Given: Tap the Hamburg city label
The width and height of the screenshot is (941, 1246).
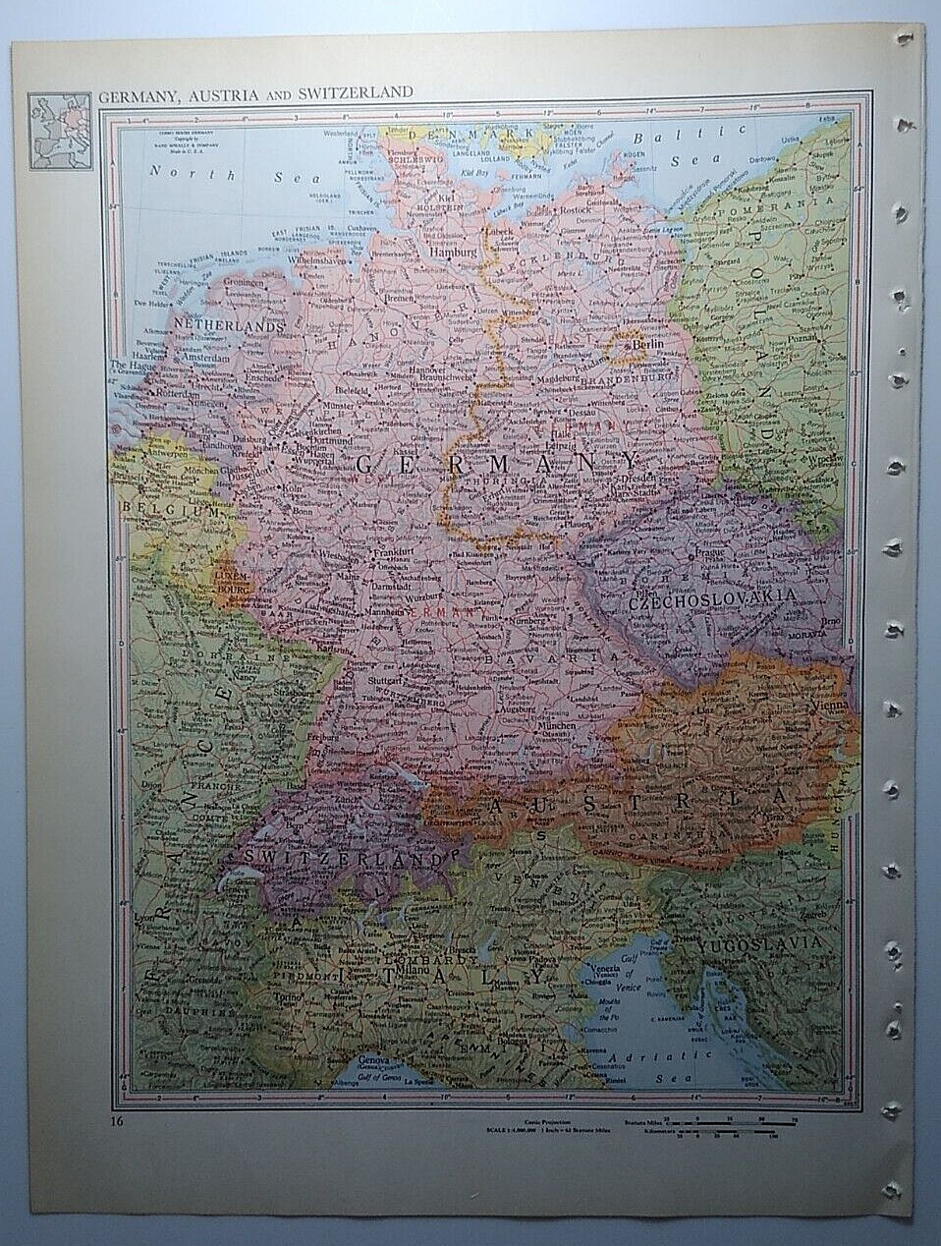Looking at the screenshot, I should pos(453,252).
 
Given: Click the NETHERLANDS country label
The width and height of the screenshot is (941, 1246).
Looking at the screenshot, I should pos(229,323).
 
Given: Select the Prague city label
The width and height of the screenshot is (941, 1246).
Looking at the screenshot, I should pos(709,553).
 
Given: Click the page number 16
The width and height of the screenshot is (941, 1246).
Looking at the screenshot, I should pos(117,1120).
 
